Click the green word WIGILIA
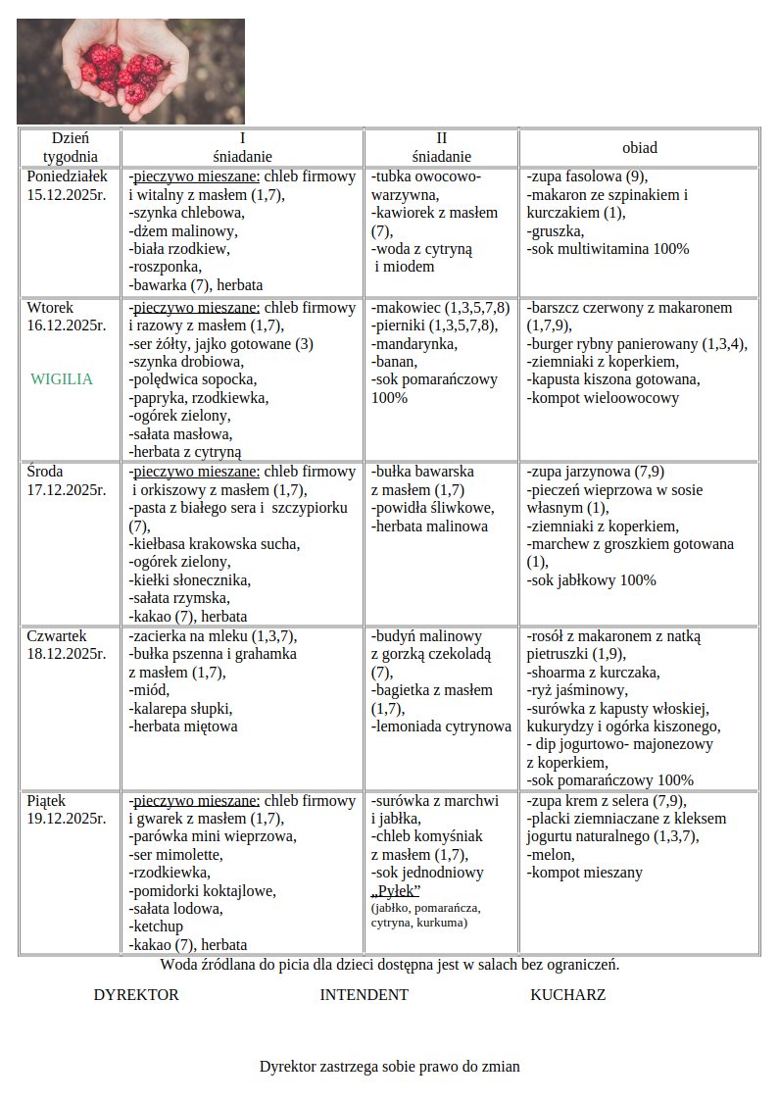[x=62, y=379]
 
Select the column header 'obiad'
[x=639, y=148]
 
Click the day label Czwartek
[x=57, y=636]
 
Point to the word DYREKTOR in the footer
[x=136, y=995]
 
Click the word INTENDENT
[x=364, y=995]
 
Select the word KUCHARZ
[x=567, y=995]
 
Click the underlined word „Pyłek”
[x=396, y=890]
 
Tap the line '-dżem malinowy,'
[x=183, y=231]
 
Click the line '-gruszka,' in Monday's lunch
[x=555, y=231]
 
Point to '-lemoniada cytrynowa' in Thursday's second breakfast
[x=441, y=727]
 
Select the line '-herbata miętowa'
[x=183, y=727]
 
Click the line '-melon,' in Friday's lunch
[x=551, y=855]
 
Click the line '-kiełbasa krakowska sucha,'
[x=215, y=544]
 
